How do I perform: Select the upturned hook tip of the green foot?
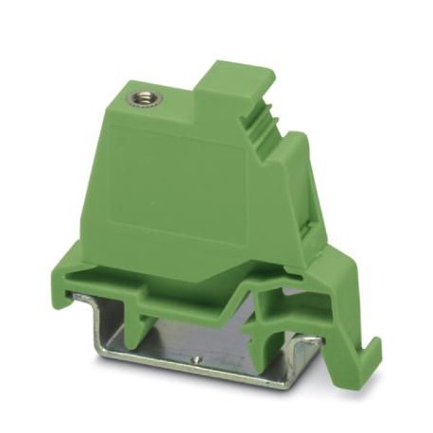point(376,348)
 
